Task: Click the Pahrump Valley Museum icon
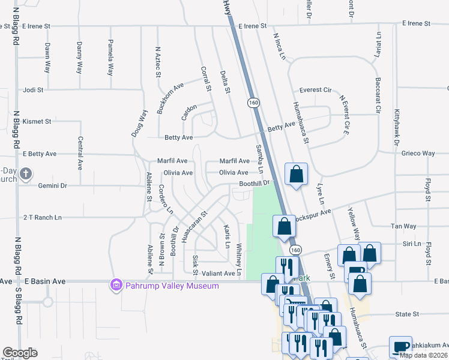coord(116,285)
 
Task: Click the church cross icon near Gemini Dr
coord(25,175)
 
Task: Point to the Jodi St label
coord(34,90)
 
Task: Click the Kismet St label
coord(37,121)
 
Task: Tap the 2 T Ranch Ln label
coord(42,217)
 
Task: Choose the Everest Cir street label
coord(316,90)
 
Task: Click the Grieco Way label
coord(418,154)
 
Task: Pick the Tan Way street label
coord(403,226)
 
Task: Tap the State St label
coord(406,314)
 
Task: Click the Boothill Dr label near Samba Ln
coord(255,184)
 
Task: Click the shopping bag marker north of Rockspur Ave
coord(296,175)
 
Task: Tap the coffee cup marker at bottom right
coord(400,347)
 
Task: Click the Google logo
coord(20,353)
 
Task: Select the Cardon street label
coord(189,112)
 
